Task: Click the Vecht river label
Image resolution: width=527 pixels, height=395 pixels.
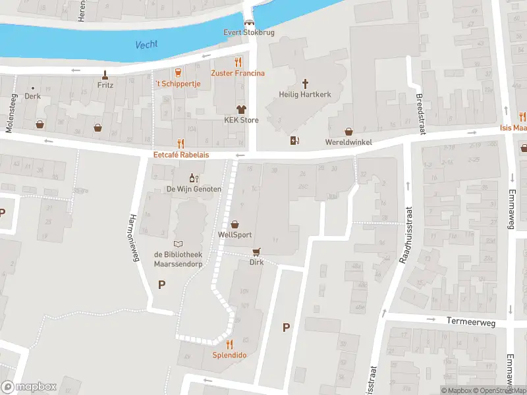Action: [146, 45]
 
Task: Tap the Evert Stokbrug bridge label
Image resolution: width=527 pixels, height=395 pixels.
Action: [249, 32]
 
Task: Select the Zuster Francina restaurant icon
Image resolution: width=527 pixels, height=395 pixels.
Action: [238, 62]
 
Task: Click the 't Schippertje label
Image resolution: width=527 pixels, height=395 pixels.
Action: [177, 84]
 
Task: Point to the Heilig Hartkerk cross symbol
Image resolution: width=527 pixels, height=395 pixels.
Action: [305, 84]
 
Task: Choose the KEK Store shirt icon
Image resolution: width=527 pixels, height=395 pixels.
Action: [240, 109]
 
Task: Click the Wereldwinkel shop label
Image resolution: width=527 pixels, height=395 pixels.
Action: [348, 142]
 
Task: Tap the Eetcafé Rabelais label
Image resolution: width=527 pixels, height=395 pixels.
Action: [181, 155]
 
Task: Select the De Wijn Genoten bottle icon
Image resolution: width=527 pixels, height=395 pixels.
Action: [193, 178]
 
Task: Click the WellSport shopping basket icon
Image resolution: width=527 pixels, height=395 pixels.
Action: [235, 224]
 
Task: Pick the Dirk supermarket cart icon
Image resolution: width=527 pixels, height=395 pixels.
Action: [256, 251]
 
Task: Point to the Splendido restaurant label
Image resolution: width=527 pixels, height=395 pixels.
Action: [229, 355]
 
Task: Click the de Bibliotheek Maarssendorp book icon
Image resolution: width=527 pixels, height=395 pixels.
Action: [178, 244]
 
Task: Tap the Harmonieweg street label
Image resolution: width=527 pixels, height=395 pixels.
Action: [135, 238]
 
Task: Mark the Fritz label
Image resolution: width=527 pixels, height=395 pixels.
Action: [105, 85]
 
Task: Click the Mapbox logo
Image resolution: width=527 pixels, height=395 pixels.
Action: [29, 387]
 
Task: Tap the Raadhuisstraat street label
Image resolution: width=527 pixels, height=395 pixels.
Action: [406, 234]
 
